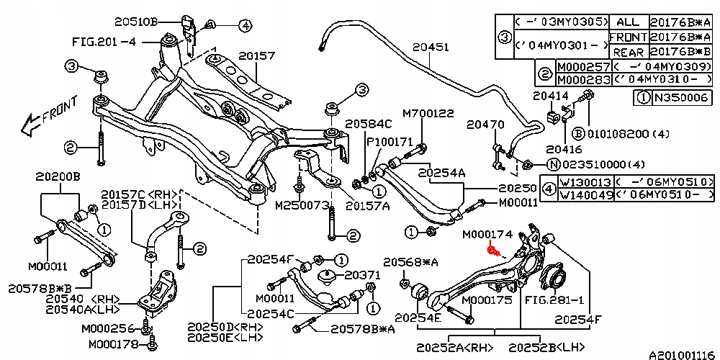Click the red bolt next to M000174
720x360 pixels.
coord(493,251)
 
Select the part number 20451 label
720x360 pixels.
coord(431,48)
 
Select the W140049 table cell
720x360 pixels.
coord(585,195)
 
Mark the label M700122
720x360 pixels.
coord(428,114)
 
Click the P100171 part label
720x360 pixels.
coord(390,143)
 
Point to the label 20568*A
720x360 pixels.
coord(408,261)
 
